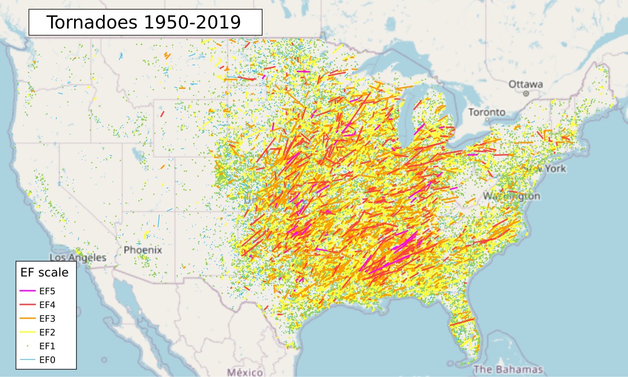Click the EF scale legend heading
(44, 272)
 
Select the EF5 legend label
(48, 291)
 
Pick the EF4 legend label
(48, 304)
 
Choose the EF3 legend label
(48, 318)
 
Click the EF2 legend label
(48, 332)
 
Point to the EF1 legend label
(48, 346)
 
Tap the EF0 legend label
(48, 360)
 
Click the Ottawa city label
(525, 84)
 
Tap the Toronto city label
(487, 112)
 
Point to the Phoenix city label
(143, 250)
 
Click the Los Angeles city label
(78, 258)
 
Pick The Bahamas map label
(508, 370)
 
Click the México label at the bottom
(245, 371)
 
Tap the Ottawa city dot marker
(525, 93)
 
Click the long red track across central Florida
(462, 323)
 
